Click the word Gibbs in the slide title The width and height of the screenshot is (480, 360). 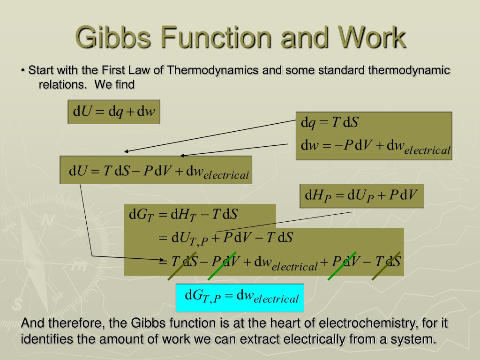pyautogui.click(x=109, y=38)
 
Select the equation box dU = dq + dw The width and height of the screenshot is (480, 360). pyautogui.click(x=114, y=112)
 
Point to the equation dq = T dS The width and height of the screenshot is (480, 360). pyautogui.click(x=330, y=123)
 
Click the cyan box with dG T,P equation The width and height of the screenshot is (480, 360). pyautogui.click(x=240, y=298)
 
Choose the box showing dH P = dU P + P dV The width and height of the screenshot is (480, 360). pyautogui.click(x=362, y=195)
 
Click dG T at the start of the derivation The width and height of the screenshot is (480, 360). pyautogui.click(x=141, y=215)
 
